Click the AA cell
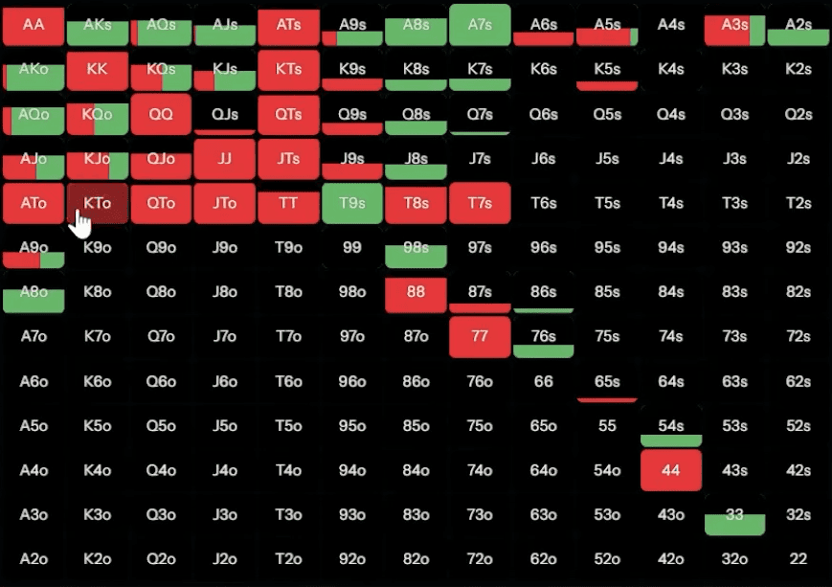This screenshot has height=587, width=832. click(x=34, y=26)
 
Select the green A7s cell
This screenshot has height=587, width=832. click(x=480, y=26)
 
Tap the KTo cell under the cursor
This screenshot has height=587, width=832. click(x=97, y=203)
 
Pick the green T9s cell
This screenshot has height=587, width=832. click(x=352, y=203)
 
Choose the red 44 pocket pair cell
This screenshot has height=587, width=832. click(x=671, y=470)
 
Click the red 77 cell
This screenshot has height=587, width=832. click(x=480, y=336)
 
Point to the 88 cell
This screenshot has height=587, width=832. click(x=416, y=292)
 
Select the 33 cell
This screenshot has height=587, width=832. click(x=734, y=515)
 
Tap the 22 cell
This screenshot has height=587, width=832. click(x=798, y=559)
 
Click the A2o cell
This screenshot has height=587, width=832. click(x=34, y=559)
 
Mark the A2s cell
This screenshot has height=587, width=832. click(x=798, y=26)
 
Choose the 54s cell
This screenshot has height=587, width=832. click(x=671, y=426)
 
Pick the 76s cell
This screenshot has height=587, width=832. click(x=543, y=337)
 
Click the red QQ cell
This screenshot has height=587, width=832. click(x=161, y=114)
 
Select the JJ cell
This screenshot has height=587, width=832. click(x=225, y=159)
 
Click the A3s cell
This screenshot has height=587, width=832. click(x=734, y=26)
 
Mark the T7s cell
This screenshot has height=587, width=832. click(x=480, y=203)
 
